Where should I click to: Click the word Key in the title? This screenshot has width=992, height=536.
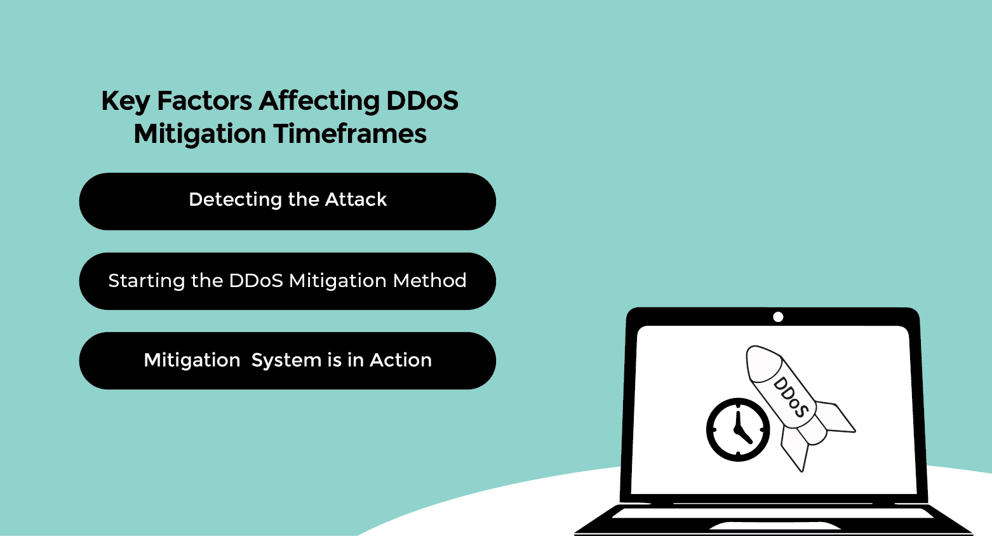126,102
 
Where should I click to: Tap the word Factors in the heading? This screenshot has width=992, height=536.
204,100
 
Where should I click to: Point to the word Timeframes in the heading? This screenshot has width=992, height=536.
350,134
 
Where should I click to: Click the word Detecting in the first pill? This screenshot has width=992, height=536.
235,200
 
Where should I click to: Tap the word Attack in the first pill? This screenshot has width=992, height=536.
356,199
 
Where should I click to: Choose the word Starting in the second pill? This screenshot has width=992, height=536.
146,281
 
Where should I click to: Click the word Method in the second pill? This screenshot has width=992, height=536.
429,281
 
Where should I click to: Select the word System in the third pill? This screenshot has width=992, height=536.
286,361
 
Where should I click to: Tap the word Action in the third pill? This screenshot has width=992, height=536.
400,360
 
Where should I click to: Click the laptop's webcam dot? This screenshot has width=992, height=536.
778,317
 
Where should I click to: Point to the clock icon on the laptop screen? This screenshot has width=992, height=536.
738,430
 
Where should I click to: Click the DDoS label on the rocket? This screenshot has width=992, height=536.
791,398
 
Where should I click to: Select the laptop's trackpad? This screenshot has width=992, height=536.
775,526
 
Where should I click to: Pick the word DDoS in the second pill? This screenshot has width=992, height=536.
256,281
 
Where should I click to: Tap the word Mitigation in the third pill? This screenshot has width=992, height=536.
192,361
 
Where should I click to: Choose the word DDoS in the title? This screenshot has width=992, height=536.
422,100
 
